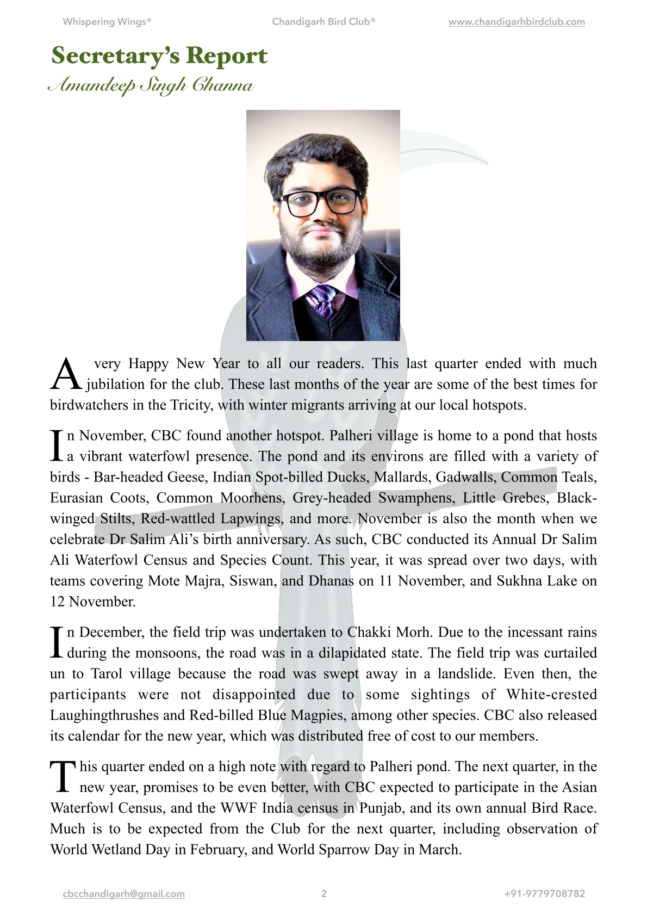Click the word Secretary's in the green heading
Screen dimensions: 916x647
(x=115, y=56)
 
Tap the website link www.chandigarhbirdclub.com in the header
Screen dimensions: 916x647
(x=517, y=22)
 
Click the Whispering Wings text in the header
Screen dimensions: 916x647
(x=107, y=22)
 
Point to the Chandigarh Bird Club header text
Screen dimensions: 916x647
(x=323, y=22)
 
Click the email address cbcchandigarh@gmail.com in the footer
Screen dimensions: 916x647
(x=124, y=894)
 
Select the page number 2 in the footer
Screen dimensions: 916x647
(x=324, y=894)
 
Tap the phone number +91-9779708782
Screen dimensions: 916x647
(x=544, y=894)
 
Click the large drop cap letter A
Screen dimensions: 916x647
(x=66, y=375)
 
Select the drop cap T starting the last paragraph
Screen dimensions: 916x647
(x=63, y=776)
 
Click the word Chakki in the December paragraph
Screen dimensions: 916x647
(x=369, y=632)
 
